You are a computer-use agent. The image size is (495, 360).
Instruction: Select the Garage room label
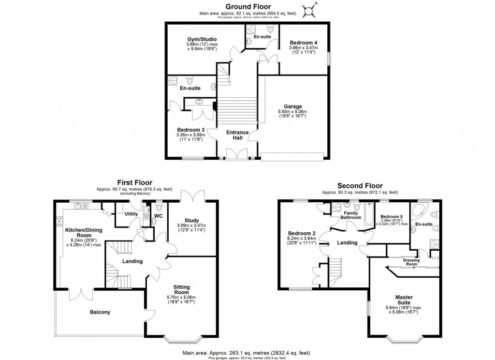[x=293, y=106]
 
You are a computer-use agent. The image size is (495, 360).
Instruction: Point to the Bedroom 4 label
[x=303, y=42]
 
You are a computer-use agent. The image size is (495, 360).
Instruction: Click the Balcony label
[x=100, y=312]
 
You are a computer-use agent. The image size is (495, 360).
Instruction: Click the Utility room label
[x=131, y=213]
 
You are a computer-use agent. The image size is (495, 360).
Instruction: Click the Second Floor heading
[x=360, y=185]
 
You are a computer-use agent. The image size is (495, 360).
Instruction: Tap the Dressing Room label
[x=410, y=262]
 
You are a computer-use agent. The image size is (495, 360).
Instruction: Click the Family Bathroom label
[x=351, y=215]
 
